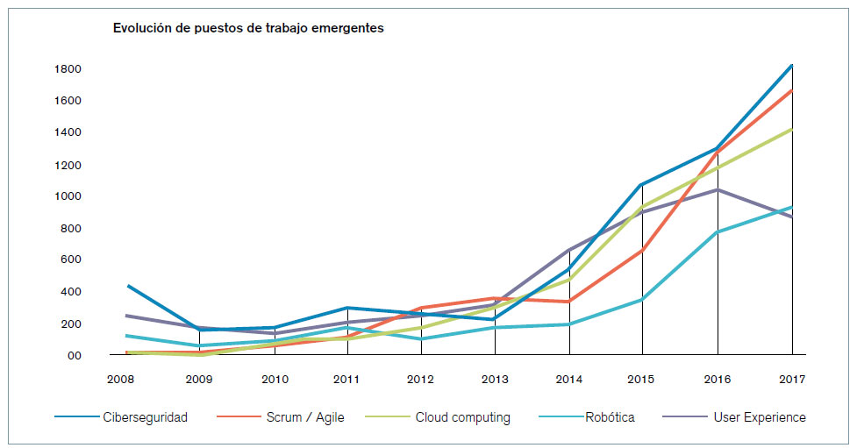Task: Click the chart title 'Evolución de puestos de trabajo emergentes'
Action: [x=248, y=28]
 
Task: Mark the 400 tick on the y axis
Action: [x=69, y=292]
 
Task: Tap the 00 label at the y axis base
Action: [x=73, y=355]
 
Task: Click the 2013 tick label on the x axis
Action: [x=495, y=380]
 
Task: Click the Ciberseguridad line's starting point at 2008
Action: [x=128, y=286]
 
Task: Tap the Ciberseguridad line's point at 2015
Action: [x=642, y=185]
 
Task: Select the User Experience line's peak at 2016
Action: [x=718, y=189]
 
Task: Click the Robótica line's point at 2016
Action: [x=718, y=232]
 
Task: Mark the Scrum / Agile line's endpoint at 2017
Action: [x=792, y=90]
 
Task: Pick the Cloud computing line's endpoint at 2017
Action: [x=792, y=129]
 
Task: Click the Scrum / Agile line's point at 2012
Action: [x=422, y=309]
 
